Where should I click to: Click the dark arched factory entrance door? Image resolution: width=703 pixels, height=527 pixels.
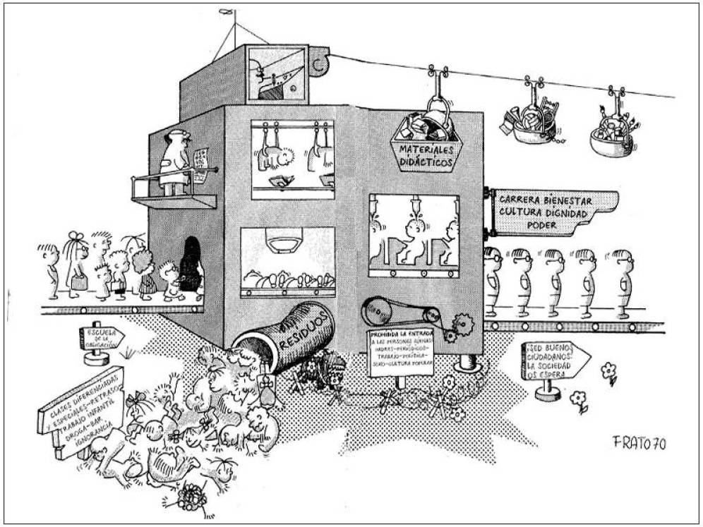(x=190, y=265)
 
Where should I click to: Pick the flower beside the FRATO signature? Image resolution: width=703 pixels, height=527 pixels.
(x=608, y=371)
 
